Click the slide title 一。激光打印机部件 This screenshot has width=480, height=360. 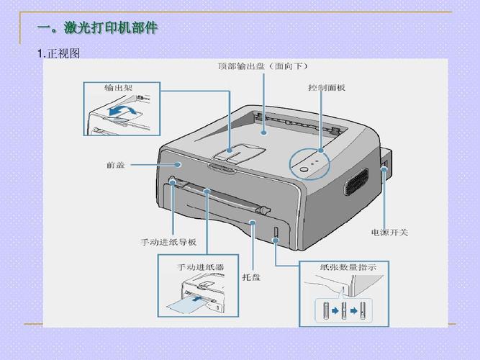pos(97,28)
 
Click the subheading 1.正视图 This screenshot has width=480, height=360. pos(58,54)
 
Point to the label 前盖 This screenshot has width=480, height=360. pos(116,165)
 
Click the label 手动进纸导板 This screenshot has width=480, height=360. pos(168,241)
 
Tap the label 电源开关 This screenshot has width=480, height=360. pos(389,232)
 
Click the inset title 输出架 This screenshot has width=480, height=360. pos(117,88)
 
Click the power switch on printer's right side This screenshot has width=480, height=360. pos(384,171)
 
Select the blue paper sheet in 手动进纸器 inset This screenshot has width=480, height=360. pos(185,306)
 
